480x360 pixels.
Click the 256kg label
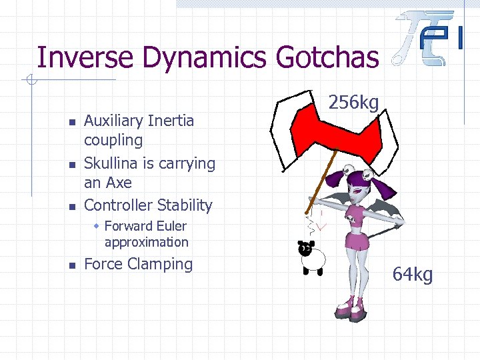tap(355, 102)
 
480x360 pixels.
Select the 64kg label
tap(413, 273)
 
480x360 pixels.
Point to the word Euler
tap(172, 226)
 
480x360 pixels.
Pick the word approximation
tap(147, 242)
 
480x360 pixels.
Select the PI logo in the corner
tap(432, 39)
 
